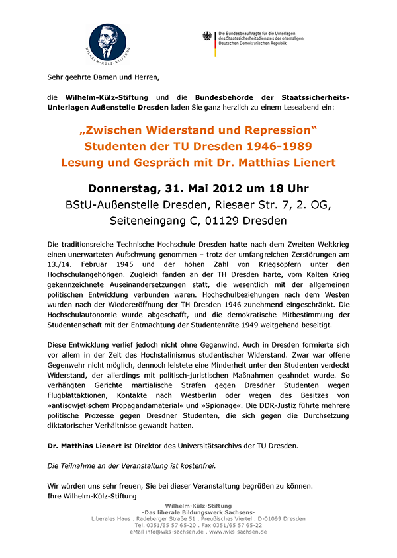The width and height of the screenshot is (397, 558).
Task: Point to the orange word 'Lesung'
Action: [x=83, y=162]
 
